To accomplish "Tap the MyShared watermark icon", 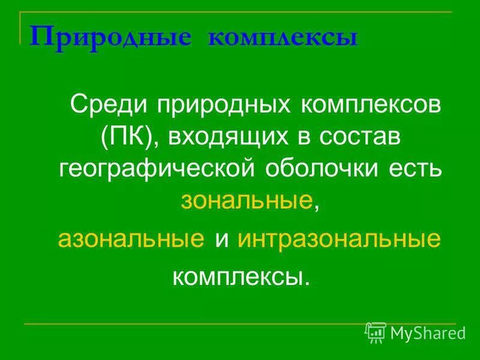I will coord(376,331).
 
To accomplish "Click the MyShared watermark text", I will coord(428,331).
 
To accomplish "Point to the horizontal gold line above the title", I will coord(240,12).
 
